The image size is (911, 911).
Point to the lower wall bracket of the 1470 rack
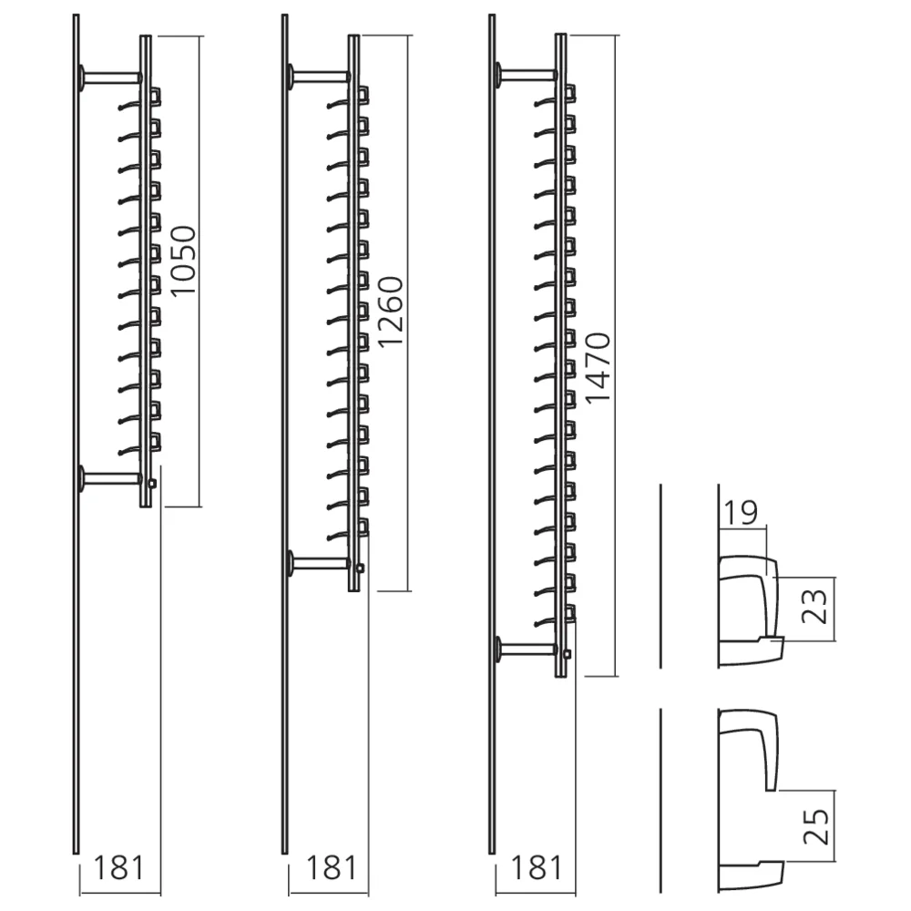[x=525, y=650]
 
